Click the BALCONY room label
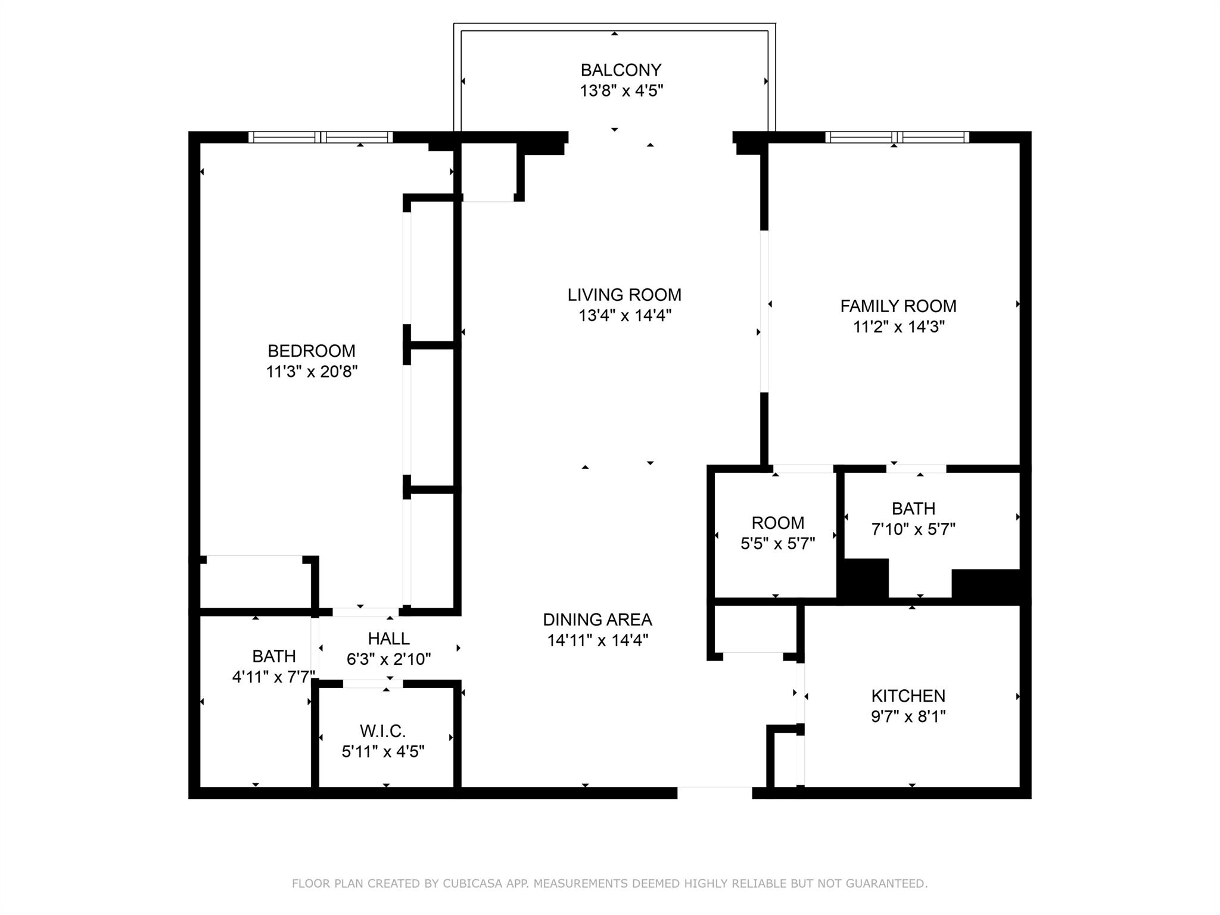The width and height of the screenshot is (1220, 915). click(621, 70)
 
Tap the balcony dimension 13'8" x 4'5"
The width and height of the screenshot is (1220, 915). click(621, 91)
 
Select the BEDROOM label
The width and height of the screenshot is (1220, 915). click(311, 351)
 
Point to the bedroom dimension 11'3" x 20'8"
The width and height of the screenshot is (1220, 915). click(312, 372)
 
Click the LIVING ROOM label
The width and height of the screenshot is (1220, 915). click(624, 295)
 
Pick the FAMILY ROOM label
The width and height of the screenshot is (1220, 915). click(898, 306)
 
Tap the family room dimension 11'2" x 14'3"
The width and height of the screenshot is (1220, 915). click(898, 327)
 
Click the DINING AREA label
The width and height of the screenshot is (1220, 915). click(597, 620)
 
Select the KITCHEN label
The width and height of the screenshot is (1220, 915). click(908, 696)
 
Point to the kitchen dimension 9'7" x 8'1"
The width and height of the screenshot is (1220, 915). click(908, 716)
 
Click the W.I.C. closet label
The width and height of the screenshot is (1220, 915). click(382, 731)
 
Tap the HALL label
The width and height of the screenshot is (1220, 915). click(388, 639)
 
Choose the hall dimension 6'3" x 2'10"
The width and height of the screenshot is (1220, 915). click(388, 659)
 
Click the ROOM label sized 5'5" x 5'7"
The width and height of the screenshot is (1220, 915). click(777, 523)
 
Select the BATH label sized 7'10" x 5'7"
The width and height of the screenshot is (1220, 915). click(913, 509)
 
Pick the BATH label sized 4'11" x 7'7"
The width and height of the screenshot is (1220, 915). click(273, 656)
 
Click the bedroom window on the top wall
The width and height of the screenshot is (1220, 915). click(320, 138)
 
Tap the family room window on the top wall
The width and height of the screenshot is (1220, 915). click(897, 138)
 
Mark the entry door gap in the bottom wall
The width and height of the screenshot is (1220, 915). click(714, 793)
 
